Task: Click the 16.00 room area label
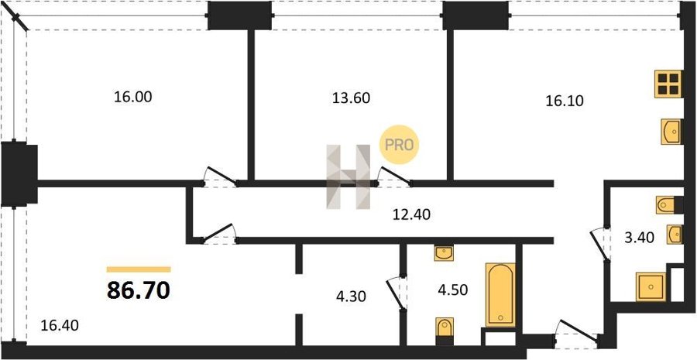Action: click(133, 97)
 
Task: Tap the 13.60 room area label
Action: click(351, 98)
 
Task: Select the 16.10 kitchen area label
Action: click(565, 101)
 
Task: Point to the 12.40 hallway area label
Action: click(411, 214)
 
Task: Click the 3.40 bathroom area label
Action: click(639, 238)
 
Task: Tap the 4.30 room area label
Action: click(351, 296)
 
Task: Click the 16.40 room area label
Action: click(60, 326)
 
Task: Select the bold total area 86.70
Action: click(139, 290)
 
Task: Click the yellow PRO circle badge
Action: click(399, 145)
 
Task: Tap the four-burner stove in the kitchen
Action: click(668, 84)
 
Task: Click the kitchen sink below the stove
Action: click(671, 132)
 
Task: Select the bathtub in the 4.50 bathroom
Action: click(500, 295)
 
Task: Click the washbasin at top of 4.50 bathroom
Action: click(444, 253)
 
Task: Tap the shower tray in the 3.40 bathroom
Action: click(651, 286)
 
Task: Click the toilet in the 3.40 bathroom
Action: click(669, 205)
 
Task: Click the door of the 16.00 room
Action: click(220, 176)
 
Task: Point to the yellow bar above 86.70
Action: click(139, 269)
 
